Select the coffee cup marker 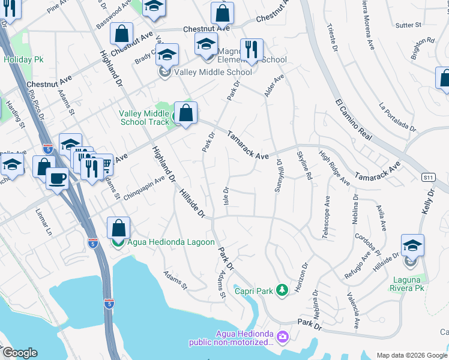pyautogui.click(x=57, y=178)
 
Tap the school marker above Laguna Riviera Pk pyautogui.click(x=412, y=245)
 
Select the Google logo pyautogui.click(x=19, y=353)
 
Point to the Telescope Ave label pyautogui.click(x=326, y=217)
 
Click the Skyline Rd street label pyautogui.click(x=302, y=164)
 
